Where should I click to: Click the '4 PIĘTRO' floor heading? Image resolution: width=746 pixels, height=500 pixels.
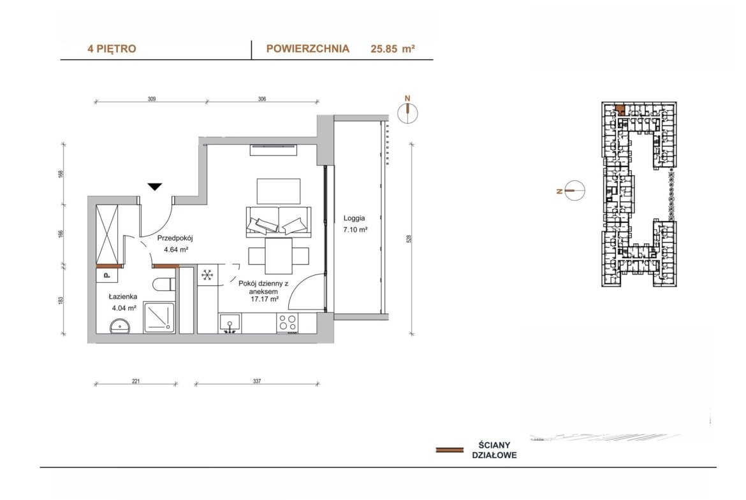coord(112,49)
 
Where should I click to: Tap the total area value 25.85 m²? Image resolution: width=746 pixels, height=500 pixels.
coord(393,49)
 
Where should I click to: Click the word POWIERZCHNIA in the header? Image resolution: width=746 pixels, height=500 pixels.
coord(308,48)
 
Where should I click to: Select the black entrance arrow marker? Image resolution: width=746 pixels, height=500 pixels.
coord(155,187)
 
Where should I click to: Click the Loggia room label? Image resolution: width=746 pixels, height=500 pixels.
coord(355,218)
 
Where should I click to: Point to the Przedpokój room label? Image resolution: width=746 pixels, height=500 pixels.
coord(175,239)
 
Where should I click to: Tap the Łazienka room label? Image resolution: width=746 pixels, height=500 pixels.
coord(123,297)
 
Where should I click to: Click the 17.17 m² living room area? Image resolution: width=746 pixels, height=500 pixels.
coord(264,299)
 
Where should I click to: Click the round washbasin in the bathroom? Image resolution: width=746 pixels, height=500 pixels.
coord(121,326)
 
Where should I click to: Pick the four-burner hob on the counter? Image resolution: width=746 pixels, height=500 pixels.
coord(288,323)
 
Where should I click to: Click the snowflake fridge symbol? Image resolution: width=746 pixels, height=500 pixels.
coord(207,275)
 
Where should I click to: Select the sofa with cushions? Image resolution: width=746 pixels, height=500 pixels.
coord(279,222)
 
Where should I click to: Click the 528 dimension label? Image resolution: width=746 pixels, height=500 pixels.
coord(409,239)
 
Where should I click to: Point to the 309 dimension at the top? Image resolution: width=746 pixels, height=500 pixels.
coord(152,99)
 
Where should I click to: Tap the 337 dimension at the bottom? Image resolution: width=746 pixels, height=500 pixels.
coord(257,381)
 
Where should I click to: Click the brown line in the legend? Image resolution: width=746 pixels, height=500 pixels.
coord(450,450)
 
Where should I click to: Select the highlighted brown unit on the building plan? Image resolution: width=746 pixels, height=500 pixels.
coord(620,110)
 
